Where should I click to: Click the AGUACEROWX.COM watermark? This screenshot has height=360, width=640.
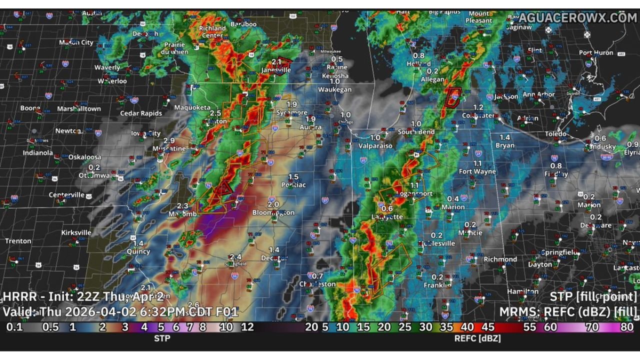pyautogui.click(x=577, y=18)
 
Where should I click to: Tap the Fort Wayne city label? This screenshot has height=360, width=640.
pyautogui.click(x=477, y=171)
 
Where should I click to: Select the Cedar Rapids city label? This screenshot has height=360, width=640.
pyautogui.click(x=141, y=113)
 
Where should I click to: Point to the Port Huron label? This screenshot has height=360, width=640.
pyautogui.click(x=595, y=52)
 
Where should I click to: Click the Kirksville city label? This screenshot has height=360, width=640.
pyautogui.click(x=76, y=232)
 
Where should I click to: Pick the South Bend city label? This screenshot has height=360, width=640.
pyautogui.click(x=416, y=132)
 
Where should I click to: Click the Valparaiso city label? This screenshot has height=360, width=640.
pyautogui.click(x=375, y=145)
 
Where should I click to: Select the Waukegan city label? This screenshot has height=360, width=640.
pyautogui.click(x=335, y=89)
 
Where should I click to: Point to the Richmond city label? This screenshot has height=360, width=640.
pyautogui.click(x=500, y=259)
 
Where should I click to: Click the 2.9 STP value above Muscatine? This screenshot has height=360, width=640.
pyautogui.click(x=169, y=141)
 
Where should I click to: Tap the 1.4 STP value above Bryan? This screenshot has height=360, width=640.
pyautogui.click(x=505, y=137)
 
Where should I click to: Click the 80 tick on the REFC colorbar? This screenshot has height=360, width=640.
pyautogui.click(x=626, y=327)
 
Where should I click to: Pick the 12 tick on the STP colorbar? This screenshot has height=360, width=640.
pyautogui.click(x=247, y=327)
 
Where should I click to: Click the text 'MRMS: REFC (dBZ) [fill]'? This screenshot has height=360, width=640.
pyautogui.click(x=568, y=312)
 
